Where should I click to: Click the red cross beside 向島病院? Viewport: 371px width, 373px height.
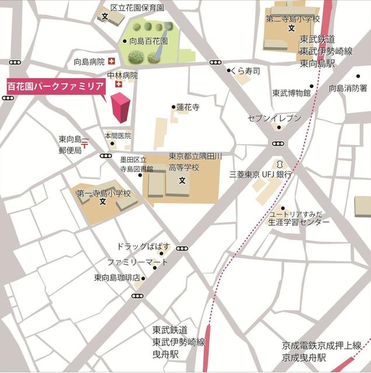click(x=111, y=61)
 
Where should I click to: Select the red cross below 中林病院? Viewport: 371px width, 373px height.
click(x=120, y=85)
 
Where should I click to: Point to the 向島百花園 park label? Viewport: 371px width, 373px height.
click(x=148, y=41)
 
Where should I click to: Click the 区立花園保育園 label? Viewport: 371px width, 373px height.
click(x=138, y=8)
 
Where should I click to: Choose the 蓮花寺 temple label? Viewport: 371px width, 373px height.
click(x=188, y=107)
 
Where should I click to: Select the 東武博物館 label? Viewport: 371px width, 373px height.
click(x=291, y=93)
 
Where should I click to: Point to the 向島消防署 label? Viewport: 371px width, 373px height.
click(x=348, y=88)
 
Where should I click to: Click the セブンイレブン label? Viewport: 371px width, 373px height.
click(x=275, y=118)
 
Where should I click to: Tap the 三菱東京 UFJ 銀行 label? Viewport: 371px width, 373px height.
click(x=260, y=174)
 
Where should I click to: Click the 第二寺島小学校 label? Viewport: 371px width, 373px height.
click(x=293, y=19)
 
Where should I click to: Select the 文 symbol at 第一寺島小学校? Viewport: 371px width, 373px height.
click(x=103, y=202)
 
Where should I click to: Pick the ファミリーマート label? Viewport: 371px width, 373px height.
click(x=137, y=262)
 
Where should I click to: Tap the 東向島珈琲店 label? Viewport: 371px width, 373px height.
click(x=117, y=278)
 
